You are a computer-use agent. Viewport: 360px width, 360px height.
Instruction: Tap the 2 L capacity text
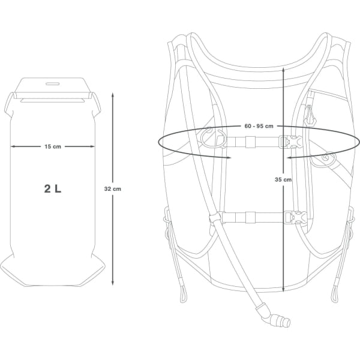pos(53,188)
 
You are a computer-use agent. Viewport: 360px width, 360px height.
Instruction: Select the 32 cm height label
pos(112,188)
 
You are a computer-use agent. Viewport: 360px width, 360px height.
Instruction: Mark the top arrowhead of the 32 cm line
pos(112,94)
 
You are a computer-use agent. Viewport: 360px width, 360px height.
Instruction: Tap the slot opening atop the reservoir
pos(53,84)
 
